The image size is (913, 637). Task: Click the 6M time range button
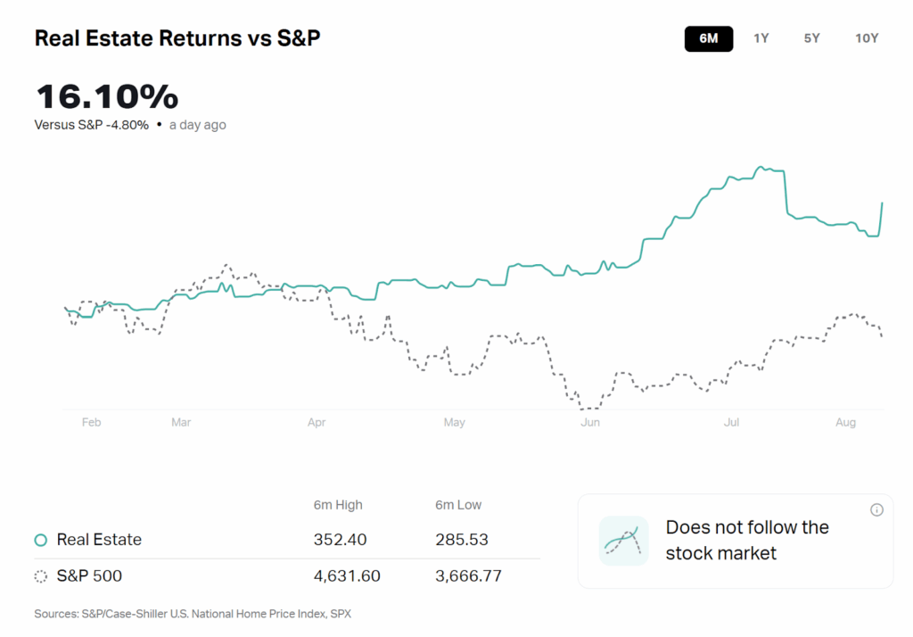(709, 38)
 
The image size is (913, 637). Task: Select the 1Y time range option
(761, 38)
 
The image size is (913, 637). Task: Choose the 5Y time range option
(811, 38)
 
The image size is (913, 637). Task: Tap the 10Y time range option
(867, 38)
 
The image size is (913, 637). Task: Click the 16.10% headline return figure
(107, 96)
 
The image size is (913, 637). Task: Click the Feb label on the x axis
(91, 423)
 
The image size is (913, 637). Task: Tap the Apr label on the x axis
(317, 423)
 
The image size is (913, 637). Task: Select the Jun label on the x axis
(589, 423)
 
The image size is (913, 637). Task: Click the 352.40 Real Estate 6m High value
(340, 540)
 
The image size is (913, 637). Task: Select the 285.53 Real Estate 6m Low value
(461, 540)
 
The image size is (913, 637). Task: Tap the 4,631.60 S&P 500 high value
(347, 576)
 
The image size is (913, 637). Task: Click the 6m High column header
(338, 505)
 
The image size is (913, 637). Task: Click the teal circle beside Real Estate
(40, 540)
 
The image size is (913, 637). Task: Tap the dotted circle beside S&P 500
(40, 576)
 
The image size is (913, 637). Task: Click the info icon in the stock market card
(876, 509)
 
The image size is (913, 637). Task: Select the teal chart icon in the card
(623, 541)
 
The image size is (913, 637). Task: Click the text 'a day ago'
(197, 125)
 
